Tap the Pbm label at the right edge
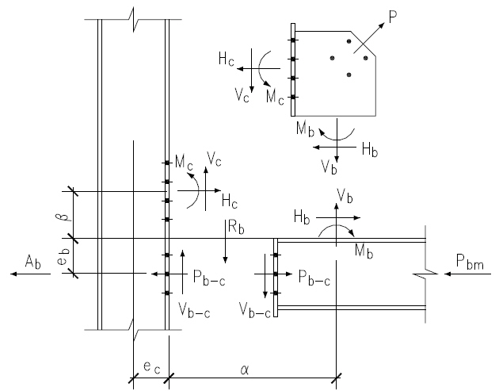click(x=469, y=261)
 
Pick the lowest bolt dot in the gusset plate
click(x=349, y=75)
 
